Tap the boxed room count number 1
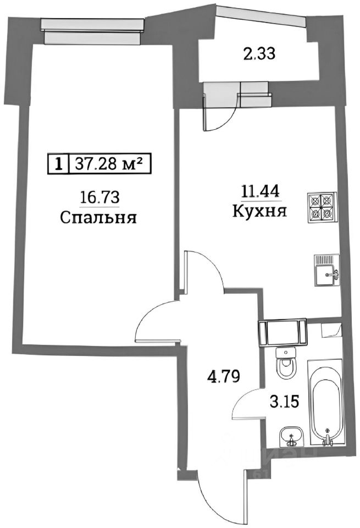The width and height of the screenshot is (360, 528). pos(57,163)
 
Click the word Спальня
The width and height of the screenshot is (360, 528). pos(98,218)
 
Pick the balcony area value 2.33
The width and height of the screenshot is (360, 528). pos(259,53)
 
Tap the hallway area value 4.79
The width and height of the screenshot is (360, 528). pos(223,377)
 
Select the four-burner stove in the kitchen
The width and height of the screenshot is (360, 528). pos(322,206)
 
